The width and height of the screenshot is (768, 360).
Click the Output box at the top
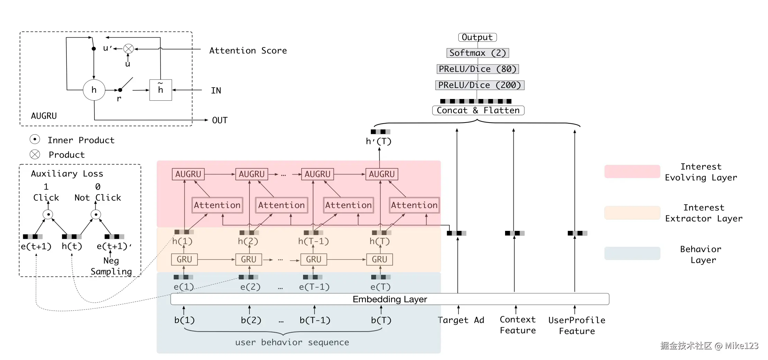[x=477, y=37]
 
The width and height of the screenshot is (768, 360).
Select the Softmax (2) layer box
[x=478, y=53]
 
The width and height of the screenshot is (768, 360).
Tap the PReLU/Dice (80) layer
[x=478, y=69]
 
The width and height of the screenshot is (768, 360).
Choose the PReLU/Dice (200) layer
[x=480, y=85]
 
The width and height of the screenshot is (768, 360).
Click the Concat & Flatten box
[x=478, y=110]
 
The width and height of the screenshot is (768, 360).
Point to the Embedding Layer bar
[x=390, y=299]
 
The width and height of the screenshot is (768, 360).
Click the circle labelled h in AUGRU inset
[x=94, y=90]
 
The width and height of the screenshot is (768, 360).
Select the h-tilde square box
[x=161, y=90]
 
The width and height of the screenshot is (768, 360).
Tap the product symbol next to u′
[x=129, y=49]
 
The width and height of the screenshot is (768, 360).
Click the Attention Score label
[x=248, y=51]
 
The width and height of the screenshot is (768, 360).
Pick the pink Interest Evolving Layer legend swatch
[x=632, y=172]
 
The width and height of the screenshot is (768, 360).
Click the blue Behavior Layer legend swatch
[x=632, y=253]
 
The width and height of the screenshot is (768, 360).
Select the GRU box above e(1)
[x=184, y=259]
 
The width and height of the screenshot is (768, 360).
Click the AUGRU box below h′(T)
[x=382, y=174]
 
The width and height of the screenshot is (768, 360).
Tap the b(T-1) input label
[x=315, y=320]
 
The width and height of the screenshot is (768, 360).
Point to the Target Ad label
[x=461, y=320]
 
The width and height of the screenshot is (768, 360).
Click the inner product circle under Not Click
[x=96, y=215]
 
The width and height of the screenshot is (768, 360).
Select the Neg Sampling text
[x=111, y=266]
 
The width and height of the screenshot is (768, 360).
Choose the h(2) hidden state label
[x=248, y=241]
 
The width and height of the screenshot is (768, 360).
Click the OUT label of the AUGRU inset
[x=220, y=120]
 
